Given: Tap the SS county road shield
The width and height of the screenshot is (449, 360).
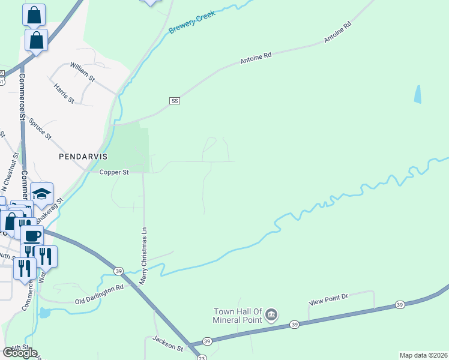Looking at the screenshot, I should click(175, 100).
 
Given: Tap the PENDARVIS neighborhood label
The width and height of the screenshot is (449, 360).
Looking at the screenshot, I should click(83, 156).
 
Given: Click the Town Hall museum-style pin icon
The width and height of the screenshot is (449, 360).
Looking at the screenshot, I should click(271, 314).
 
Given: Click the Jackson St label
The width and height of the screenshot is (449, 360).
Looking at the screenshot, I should click(167, 344).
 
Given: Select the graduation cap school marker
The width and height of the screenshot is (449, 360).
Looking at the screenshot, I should click(42, 194).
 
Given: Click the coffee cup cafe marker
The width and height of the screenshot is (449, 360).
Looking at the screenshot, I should click(32, 235).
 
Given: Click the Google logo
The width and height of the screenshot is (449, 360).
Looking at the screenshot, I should click(20, 353).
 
